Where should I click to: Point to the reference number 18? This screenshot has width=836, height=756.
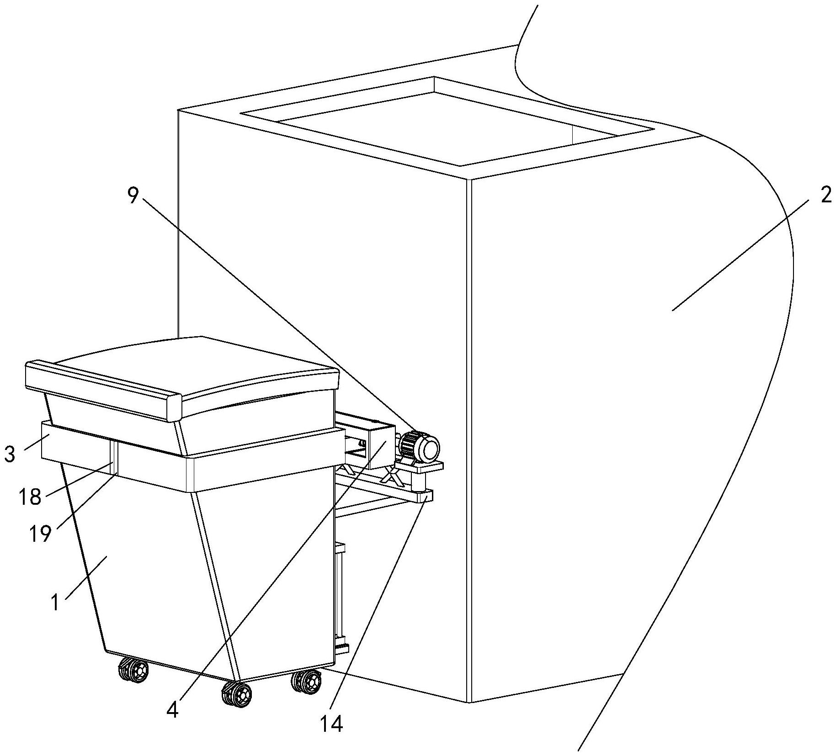coord(30,496)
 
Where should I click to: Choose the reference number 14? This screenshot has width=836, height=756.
coord(331,724)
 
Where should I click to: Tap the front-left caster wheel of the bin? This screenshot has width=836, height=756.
coord(133,670)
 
